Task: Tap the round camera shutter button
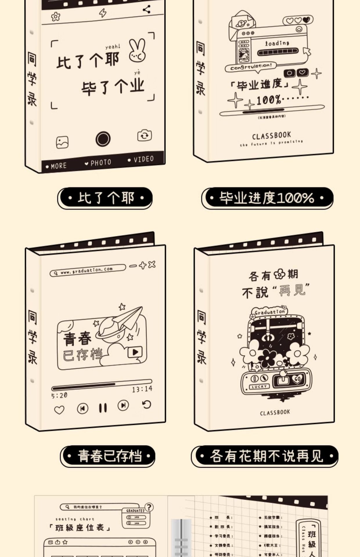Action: tap(103, 139)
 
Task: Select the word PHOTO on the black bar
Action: tap(100, 163)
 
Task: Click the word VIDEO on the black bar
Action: tap(143, 159)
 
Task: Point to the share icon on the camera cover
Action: tap(147, 9)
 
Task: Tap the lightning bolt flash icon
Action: tap(102, 13)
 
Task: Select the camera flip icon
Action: tap(144, 135)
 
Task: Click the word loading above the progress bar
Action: tap(277, 43)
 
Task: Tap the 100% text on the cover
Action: tap(268, 100)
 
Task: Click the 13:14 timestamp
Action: tap(142, 389)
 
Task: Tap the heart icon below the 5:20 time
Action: tap(59, 410)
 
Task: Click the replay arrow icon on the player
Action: tap(147, 404)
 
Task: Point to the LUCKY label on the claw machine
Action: tap(259, 386)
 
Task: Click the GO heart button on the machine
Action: tap(298, 379)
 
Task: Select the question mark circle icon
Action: tap(149, 507)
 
